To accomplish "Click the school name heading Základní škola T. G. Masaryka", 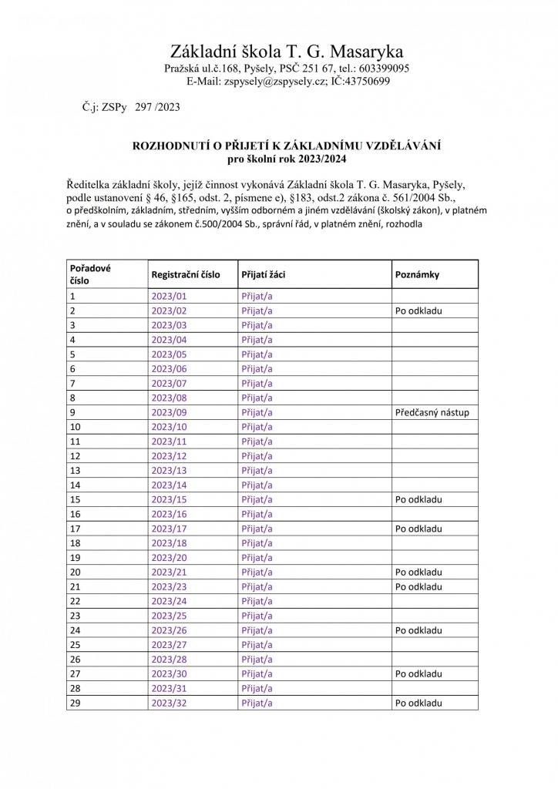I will tap(287, 52).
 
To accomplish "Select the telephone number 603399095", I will tap(382, 69).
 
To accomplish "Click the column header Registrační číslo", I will tap(186, 274).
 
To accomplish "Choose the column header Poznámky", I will tap(417, 274).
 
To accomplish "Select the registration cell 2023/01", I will tap(170, 297).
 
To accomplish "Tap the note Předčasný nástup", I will tap(432, 413).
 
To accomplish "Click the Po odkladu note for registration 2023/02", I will tap(418, 311).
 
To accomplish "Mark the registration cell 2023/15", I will tap(170, 500).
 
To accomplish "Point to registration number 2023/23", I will tap(170, 587).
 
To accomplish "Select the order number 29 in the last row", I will tap(76, 703).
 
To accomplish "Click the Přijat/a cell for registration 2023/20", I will tap(257, 558).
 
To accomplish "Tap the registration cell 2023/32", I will tap(170, 703).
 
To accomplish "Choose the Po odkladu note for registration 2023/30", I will tap(418, 674).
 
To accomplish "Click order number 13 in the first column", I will tap(76, 471).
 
